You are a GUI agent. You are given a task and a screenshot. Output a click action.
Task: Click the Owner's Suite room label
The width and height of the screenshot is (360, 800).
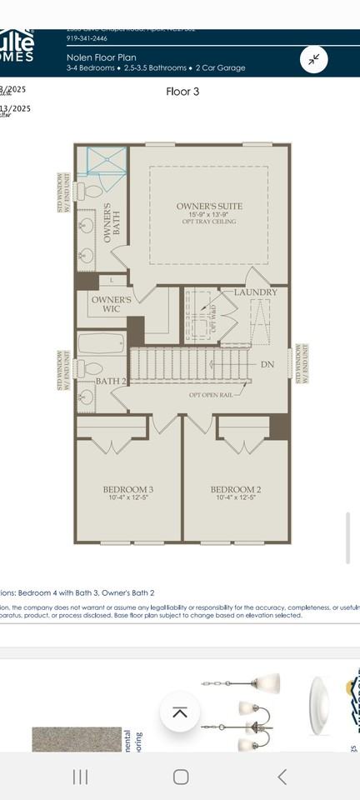[209, 206]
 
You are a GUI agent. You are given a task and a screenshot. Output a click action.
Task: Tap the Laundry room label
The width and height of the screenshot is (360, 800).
[256, 292]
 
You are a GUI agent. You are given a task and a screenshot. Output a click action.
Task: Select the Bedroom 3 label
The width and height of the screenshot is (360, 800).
[127, 489]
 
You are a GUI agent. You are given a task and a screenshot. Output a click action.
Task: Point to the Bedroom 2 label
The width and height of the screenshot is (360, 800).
[236, 489]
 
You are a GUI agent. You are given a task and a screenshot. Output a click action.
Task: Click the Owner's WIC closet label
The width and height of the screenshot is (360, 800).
[111, 304]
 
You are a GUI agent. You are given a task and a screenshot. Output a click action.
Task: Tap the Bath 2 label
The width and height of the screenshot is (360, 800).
[110, 381]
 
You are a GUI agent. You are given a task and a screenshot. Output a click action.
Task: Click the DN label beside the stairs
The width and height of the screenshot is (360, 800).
[267, 365]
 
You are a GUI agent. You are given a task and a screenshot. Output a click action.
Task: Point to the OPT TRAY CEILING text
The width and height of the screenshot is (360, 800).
[209, 222]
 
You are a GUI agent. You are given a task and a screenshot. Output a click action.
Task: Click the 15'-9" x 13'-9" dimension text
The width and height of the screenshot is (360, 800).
[209, 214]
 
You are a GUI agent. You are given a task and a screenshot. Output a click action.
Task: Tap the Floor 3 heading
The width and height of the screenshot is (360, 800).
[182, 92]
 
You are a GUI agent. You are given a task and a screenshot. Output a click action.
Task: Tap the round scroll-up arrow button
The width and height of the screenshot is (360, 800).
[180, 712]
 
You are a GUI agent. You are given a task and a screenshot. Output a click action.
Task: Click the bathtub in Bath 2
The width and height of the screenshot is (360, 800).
[102, 343]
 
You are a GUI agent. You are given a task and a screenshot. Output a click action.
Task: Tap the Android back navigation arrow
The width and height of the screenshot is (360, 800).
[282, 777]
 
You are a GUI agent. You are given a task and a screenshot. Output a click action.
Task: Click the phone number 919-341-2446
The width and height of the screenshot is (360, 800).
[87, 38]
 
